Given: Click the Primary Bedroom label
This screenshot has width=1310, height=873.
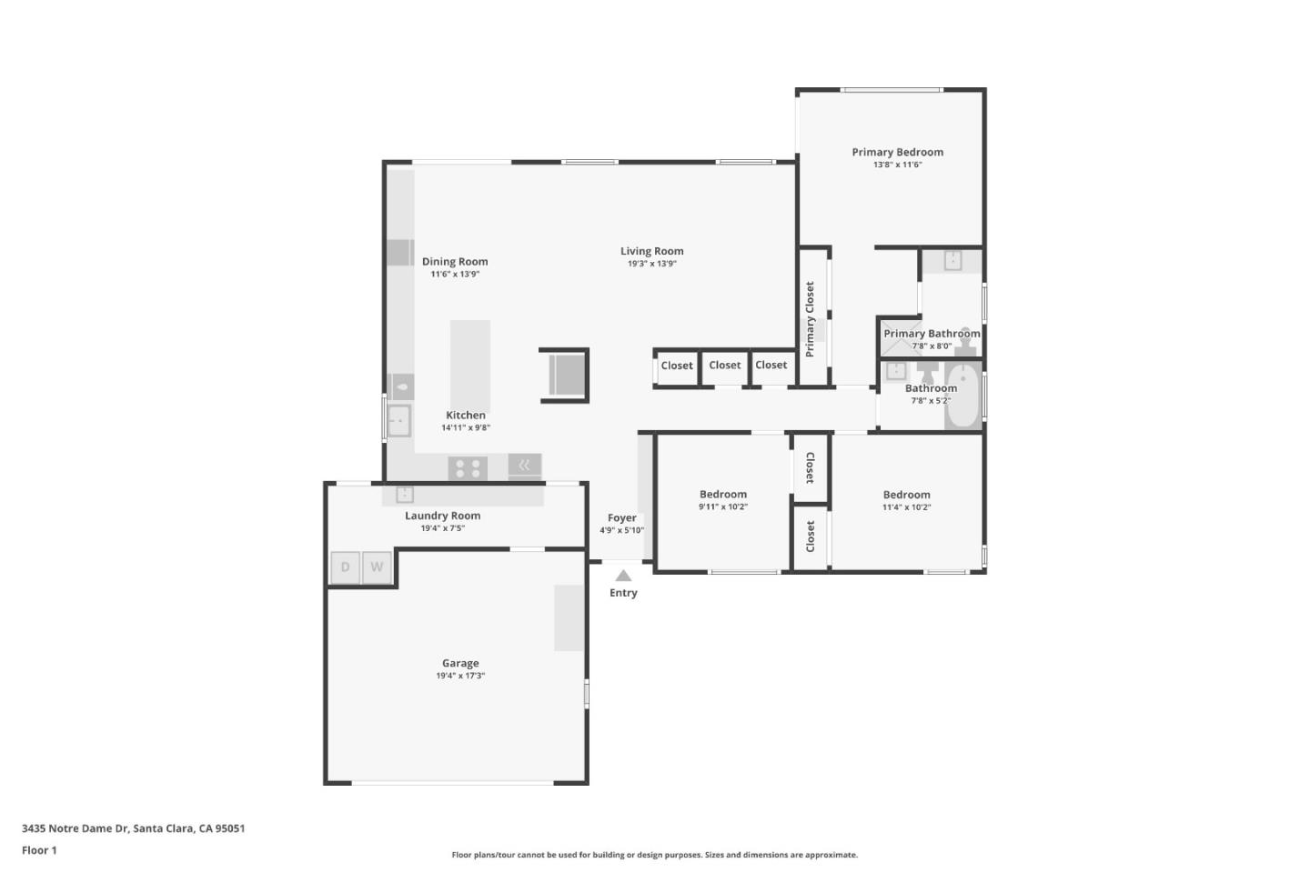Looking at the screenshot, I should pos(897,152).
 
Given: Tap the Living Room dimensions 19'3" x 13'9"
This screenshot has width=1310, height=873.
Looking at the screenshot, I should pos(651,264).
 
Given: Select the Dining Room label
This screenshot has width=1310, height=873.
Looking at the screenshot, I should pos(455,261).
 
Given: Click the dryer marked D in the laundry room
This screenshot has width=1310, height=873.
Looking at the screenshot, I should pos(345,567).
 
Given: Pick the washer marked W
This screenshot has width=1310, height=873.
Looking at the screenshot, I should pos(377,567).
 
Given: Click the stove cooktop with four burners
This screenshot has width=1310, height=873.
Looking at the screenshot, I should pos(468,468).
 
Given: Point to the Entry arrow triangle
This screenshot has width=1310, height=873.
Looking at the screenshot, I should pos(623,576).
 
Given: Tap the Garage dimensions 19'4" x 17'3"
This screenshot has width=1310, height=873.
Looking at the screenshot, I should pos(460,676).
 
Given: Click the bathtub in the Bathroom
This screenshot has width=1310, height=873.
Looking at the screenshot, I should pos(962,396).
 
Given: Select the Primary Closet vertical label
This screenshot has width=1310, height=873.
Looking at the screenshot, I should pos(810,318).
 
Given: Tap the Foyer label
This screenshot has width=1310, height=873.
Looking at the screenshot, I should pos(622,517).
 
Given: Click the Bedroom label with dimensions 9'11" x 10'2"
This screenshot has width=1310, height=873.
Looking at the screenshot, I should pos(723,494).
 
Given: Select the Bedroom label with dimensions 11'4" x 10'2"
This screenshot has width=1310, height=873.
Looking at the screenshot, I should pos(906,495).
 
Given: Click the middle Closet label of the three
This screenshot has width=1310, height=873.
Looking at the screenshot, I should pos(725,365).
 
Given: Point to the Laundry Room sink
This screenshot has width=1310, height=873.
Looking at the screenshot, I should pos(405,495).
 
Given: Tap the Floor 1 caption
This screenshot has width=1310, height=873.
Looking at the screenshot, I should pos(39,850).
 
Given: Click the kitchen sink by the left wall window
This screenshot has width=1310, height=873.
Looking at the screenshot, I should pos(398,421).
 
